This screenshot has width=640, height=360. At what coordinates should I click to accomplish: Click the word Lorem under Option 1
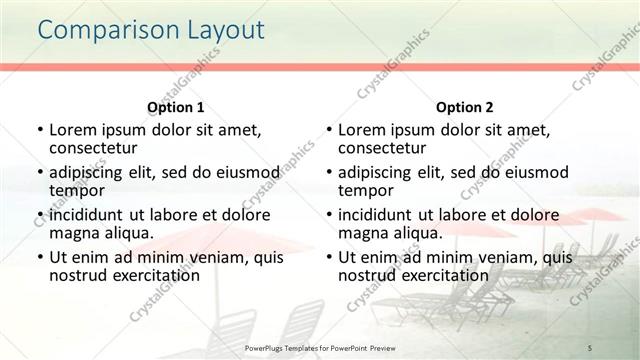[74, 131]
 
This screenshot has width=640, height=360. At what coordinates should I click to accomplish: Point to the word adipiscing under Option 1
[92, 173]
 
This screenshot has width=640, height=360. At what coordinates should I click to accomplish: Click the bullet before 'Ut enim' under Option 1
[39, 258]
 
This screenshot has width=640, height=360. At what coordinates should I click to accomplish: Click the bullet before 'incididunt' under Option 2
[329, 216]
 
